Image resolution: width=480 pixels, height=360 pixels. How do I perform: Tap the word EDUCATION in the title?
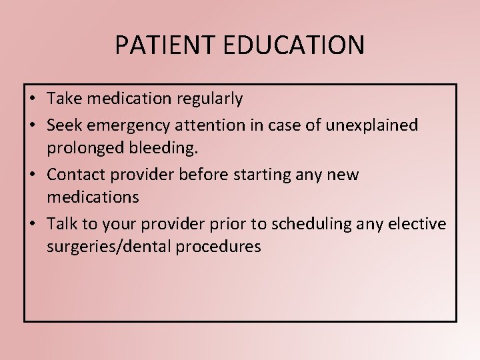pos(287,45)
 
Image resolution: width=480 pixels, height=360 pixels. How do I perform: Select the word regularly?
pos(209,99)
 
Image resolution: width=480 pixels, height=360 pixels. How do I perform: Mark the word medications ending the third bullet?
pos(93,197)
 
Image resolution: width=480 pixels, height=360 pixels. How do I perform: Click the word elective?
pos(420,223)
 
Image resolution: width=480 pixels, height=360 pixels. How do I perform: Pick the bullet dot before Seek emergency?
pos(32,125)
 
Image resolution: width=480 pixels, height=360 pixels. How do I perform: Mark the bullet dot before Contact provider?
pos(32,175)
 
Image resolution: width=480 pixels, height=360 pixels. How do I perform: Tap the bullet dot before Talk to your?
pos(32,224)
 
